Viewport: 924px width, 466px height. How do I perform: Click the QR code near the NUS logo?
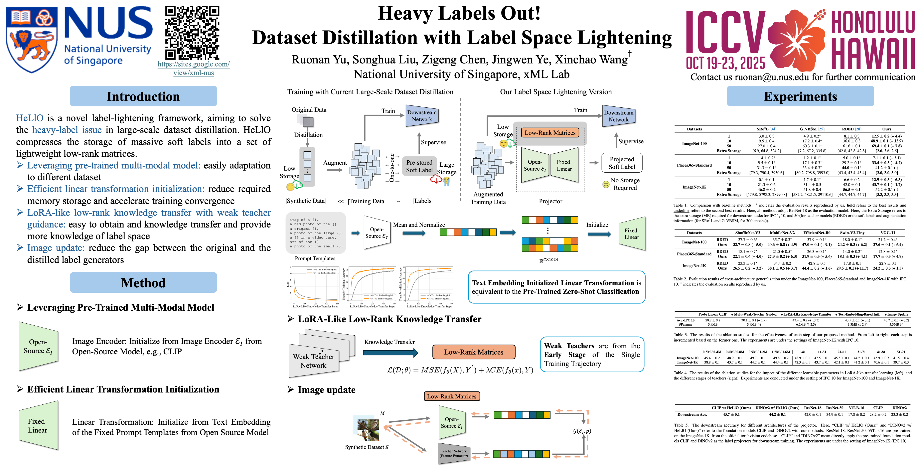point(192,32)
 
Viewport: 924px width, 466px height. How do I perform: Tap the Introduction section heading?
point(143,96)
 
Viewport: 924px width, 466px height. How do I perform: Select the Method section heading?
point(143,283)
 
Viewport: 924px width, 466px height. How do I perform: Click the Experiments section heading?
point(800,96)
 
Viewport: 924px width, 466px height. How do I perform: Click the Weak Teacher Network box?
point(313,361)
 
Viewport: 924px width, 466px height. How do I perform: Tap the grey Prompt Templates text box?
point(316,233)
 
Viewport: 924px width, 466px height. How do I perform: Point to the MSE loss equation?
point(460,370)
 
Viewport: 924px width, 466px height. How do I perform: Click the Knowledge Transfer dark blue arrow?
point(390,353)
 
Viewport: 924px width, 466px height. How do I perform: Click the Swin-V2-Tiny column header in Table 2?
point(852,233)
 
